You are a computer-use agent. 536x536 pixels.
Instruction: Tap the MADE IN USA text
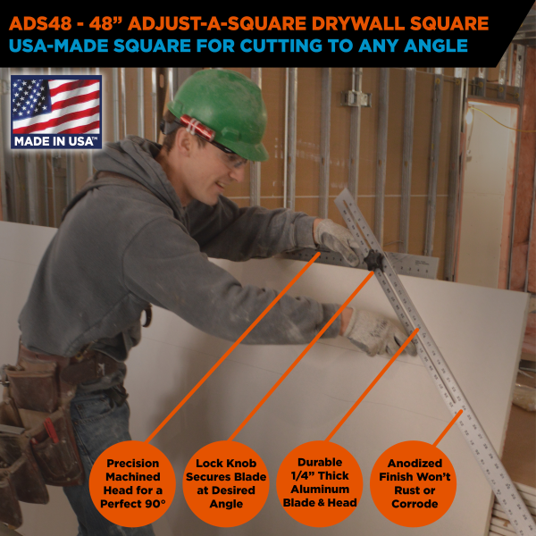(56, 140)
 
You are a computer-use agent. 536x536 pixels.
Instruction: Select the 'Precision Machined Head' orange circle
(132, 483)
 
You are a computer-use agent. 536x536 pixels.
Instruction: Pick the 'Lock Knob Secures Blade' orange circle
(226, 483)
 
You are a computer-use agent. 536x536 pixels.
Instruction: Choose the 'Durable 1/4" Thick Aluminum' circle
(319, 483)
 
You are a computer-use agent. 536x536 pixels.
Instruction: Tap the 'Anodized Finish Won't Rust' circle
(413, 483)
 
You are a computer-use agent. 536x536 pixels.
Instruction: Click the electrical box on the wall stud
(357, 98)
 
